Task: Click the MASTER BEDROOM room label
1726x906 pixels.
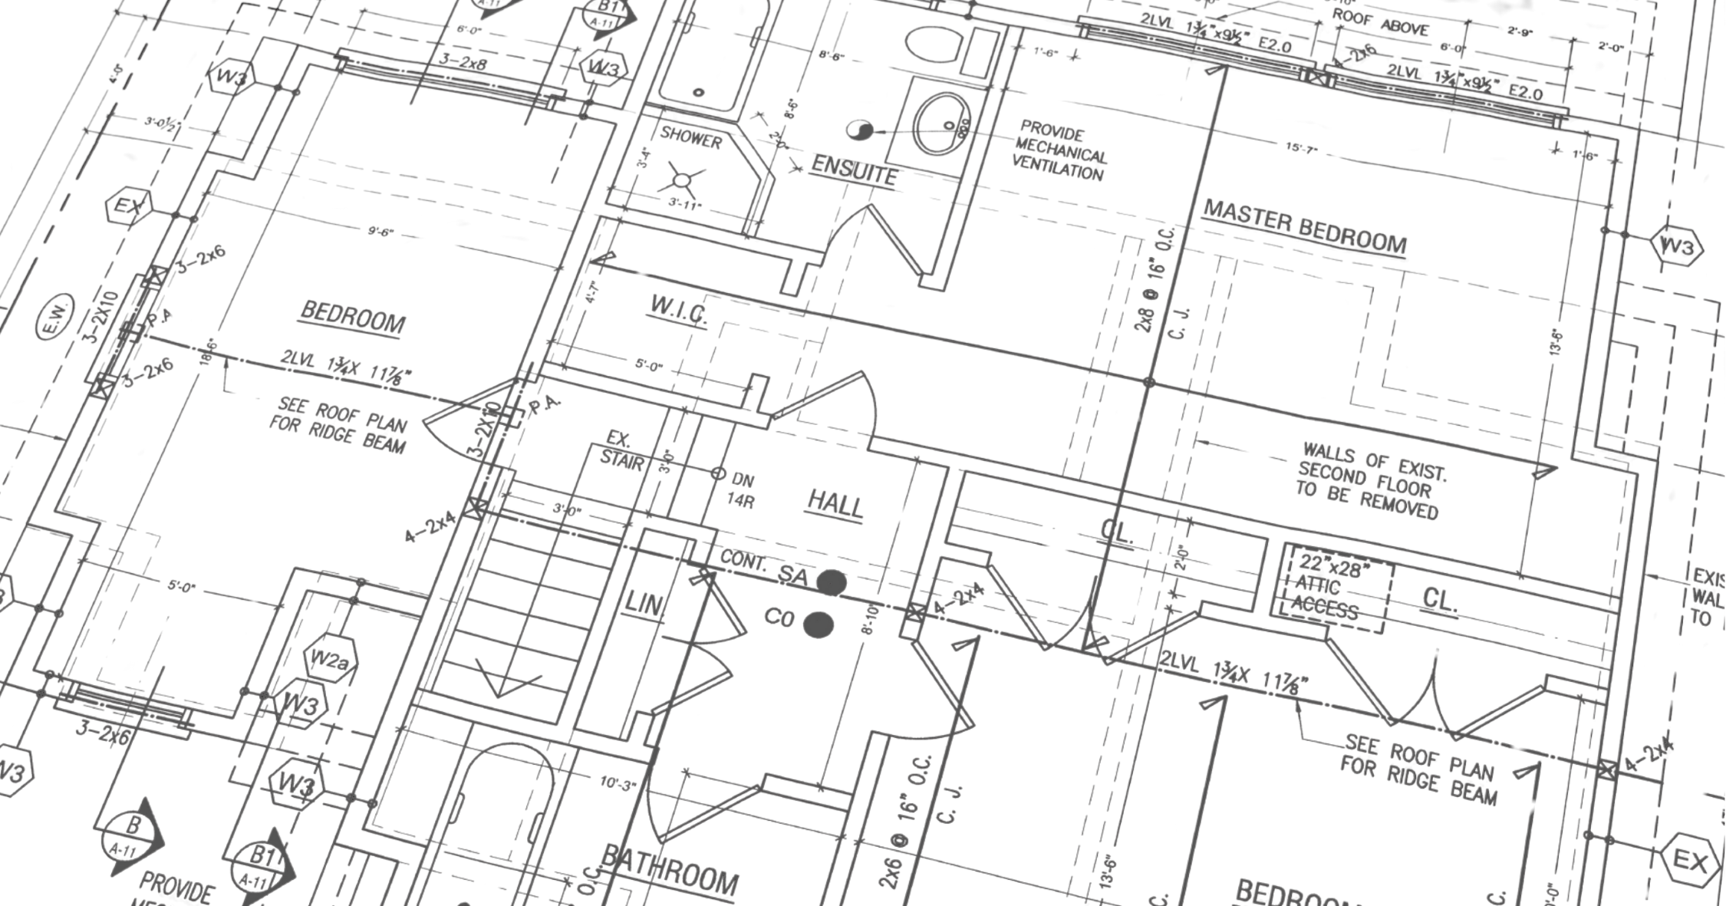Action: coord(1304,227)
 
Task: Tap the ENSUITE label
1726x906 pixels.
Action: coord(854,170)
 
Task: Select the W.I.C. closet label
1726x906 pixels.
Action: coord(678,312)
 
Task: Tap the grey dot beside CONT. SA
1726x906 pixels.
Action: coord(831,583)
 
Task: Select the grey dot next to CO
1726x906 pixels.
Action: coord(818,624)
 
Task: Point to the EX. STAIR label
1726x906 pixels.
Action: coord(621,450)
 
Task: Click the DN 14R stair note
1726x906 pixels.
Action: coord(741,490)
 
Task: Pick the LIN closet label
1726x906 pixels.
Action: coord(643,604)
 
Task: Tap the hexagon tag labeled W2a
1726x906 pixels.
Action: coord(330,659)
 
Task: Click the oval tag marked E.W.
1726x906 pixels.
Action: coord(56,316)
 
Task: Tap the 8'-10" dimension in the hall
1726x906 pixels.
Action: coord(869,620)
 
